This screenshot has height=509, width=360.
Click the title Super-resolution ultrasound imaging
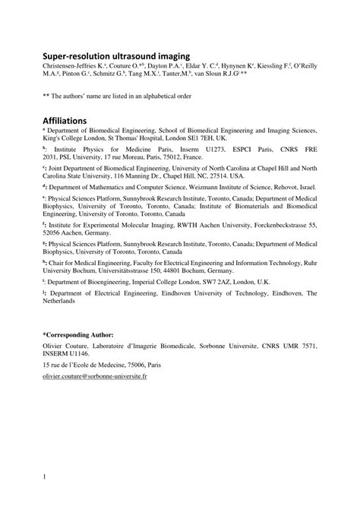115,55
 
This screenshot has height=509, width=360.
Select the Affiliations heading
65,121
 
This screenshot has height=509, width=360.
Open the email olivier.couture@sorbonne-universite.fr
95,376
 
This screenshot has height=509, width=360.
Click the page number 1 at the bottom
44,477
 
